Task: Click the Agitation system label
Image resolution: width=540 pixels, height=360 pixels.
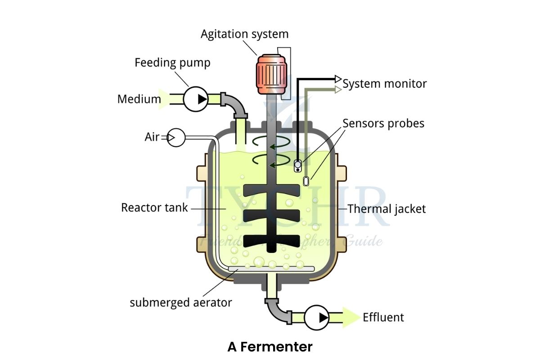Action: pos(244,34)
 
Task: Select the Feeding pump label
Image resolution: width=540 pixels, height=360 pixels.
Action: pos(172,63)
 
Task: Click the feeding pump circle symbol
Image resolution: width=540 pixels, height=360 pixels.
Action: pos(196,99)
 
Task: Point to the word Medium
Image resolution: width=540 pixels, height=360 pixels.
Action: pos(139,99)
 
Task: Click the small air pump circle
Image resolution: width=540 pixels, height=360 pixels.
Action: pos(176,137)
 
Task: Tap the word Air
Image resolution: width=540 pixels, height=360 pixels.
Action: pos(152,137)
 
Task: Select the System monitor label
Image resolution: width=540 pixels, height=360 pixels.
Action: pos(385,84)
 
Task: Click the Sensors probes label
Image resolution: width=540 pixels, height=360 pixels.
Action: pos(383,123)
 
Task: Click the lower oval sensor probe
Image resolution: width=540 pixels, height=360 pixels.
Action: pos(306,181)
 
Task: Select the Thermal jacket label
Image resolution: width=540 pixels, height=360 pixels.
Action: pos(387,209)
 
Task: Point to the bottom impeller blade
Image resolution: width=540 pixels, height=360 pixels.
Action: pos(271,239)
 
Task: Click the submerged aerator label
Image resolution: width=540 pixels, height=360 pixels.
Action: pos(181,302)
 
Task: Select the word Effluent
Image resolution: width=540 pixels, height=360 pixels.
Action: pos(383,317)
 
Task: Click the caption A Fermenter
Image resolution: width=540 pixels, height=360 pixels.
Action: pos(270,347)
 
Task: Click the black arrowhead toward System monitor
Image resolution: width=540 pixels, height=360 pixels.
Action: pos(339,79)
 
